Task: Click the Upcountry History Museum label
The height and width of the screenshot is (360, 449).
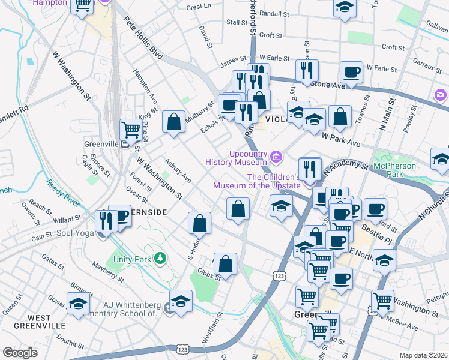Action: point(236,157)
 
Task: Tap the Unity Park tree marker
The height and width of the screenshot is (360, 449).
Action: point(160,259)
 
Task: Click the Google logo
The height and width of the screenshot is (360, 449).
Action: point(20,353)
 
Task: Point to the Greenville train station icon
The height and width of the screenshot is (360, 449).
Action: point(125,144)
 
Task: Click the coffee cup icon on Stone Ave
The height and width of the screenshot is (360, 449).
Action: point(351,73)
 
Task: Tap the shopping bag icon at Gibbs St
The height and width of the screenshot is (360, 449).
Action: point(225,263)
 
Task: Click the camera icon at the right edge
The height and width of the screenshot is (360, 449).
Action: point(441,95)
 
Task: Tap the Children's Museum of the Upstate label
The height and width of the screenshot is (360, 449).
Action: point(257,181)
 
